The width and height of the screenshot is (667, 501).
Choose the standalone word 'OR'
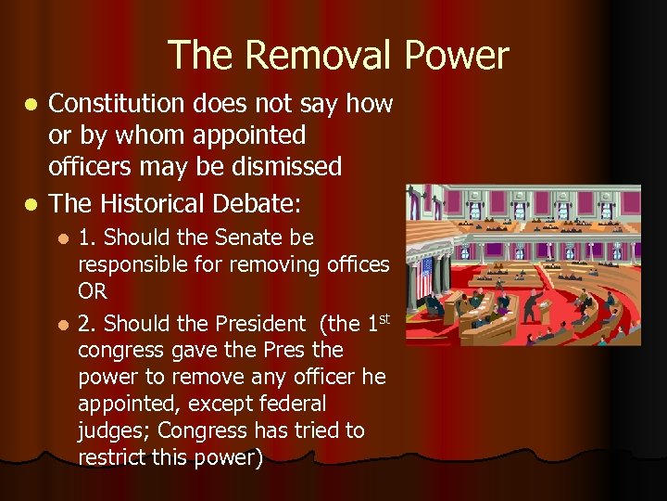pyautogui.click(x=93, y=291)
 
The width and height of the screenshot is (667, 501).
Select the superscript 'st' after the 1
pyautogui.click(x=384, y=318)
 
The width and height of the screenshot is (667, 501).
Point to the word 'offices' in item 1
pyautogui.click(x=358, y=265)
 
